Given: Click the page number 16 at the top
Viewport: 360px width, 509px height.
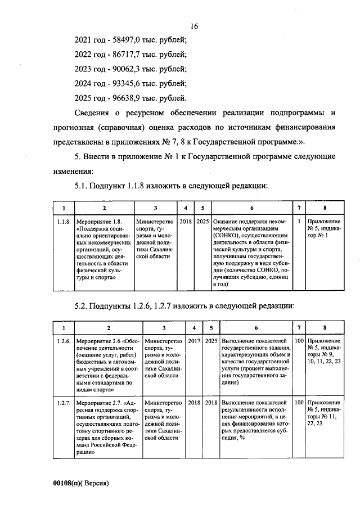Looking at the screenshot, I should click(x=195, y=26).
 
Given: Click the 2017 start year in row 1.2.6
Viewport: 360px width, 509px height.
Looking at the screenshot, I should click(x=194, y=341).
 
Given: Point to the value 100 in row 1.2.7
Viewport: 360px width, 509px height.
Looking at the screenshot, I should click(x=299, y=403).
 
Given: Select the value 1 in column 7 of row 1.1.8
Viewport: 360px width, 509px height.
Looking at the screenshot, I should click(x=299, y=222).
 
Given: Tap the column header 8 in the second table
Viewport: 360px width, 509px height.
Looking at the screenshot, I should click(x=325, y=328).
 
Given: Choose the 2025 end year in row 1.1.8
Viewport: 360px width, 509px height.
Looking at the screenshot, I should click(x=203, y=222).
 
